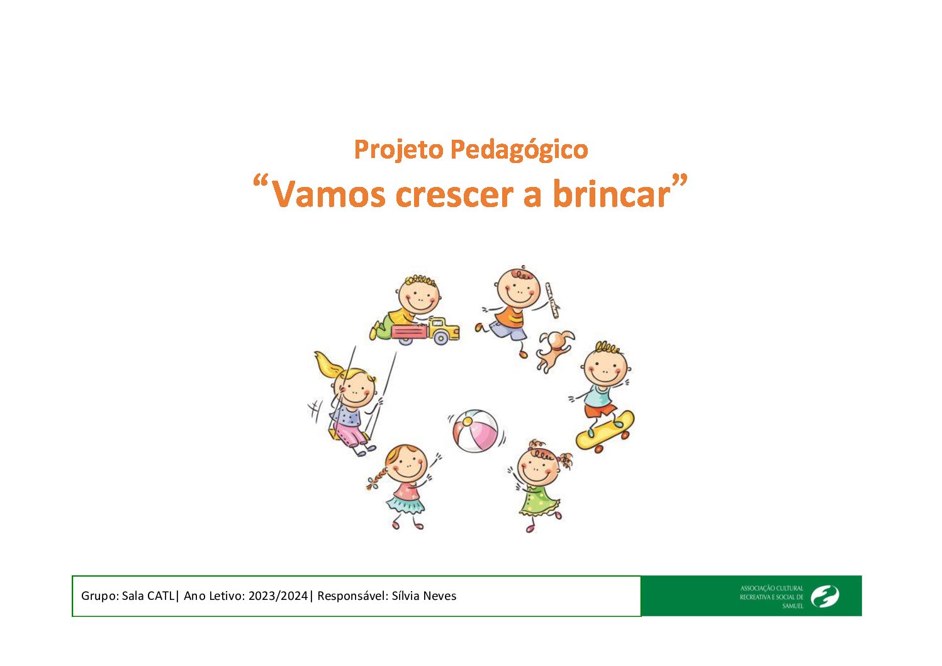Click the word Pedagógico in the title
519,149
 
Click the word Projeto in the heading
399,149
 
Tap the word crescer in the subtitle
454,195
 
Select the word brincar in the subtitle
612,193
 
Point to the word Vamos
328,194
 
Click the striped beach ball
475,431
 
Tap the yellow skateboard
605,431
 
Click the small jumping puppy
554,350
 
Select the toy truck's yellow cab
443,329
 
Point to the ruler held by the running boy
552,300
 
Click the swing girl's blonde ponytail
328,364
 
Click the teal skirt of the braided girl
405,504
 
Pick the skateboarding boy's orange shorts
600,410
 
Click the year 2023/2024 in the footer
278,595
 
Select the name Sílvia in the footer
405,595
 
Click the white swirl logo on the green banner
825,596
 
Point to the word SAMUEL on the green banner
793,606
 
